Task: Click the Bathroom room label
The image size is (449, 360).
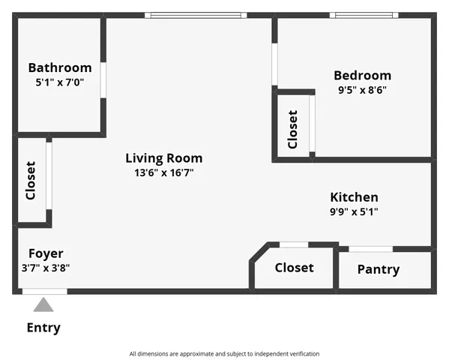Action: [60, 67]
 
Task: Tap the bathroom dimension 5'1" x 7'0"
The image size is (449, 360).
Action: [60, 82]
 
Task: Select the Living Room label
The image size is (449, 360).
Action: [163, 158]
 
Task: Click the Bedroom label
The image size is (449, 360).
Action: [362, 75]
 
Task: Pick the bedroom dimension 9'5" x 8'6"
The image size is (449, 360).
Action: [362, 90]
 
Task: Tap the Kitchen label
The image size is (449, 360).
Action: [354, 197]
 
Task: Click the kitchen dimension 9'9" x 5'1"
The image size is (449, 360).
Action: [354, 211]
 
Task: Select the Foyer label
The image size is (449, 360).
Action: [46, 253]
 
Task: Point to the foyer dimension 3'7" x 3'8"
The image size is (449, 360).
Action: [46, 268]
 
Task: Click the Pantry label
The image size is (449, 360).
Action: [378, 269]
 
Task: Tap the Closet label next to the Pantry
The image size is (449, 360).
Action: [294, 268]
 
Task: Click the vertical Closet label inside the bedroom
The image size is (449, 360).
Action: [293, 129]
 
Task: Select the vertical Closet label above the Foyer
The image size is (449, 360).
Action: [31, 181]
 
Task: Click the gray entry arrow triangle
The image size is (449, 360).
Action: [43, 304]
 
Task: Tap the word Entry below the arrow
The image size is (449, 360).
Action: [43, 328]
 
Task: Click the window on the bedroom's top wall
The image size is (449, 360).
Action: [364, 15]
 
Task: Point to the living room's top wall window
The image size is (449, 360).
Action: [195, 15]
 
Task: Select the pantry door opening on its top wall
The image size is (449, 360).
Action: [370, 248]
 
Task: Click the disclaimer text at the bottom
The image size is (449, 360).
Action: [224, 353]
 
